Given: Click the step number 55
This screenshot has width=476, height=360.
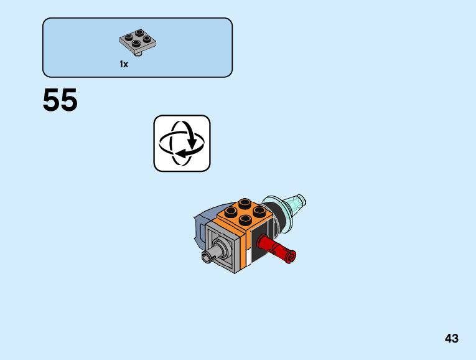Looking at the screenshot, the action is (x=60, y=101).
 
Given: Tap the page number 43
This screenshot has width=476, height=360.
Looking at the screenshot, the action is (x=452, y=339).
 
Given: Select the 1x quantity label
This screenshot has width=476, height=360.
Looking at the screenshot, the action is (x=124, y=64).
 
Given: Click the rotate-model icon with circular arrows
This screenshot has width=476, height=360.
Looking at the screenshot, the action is (x=182, y=143).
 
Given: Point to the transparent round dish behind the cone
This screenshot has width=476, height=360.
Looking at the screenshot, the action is (x=276, y=210).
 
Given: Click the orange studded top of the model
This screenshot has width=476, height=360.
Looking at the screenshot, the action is (x=245, y=213).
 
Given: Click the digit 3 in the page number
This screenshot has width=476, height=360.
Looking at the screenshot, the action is (x=455, y=339).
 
